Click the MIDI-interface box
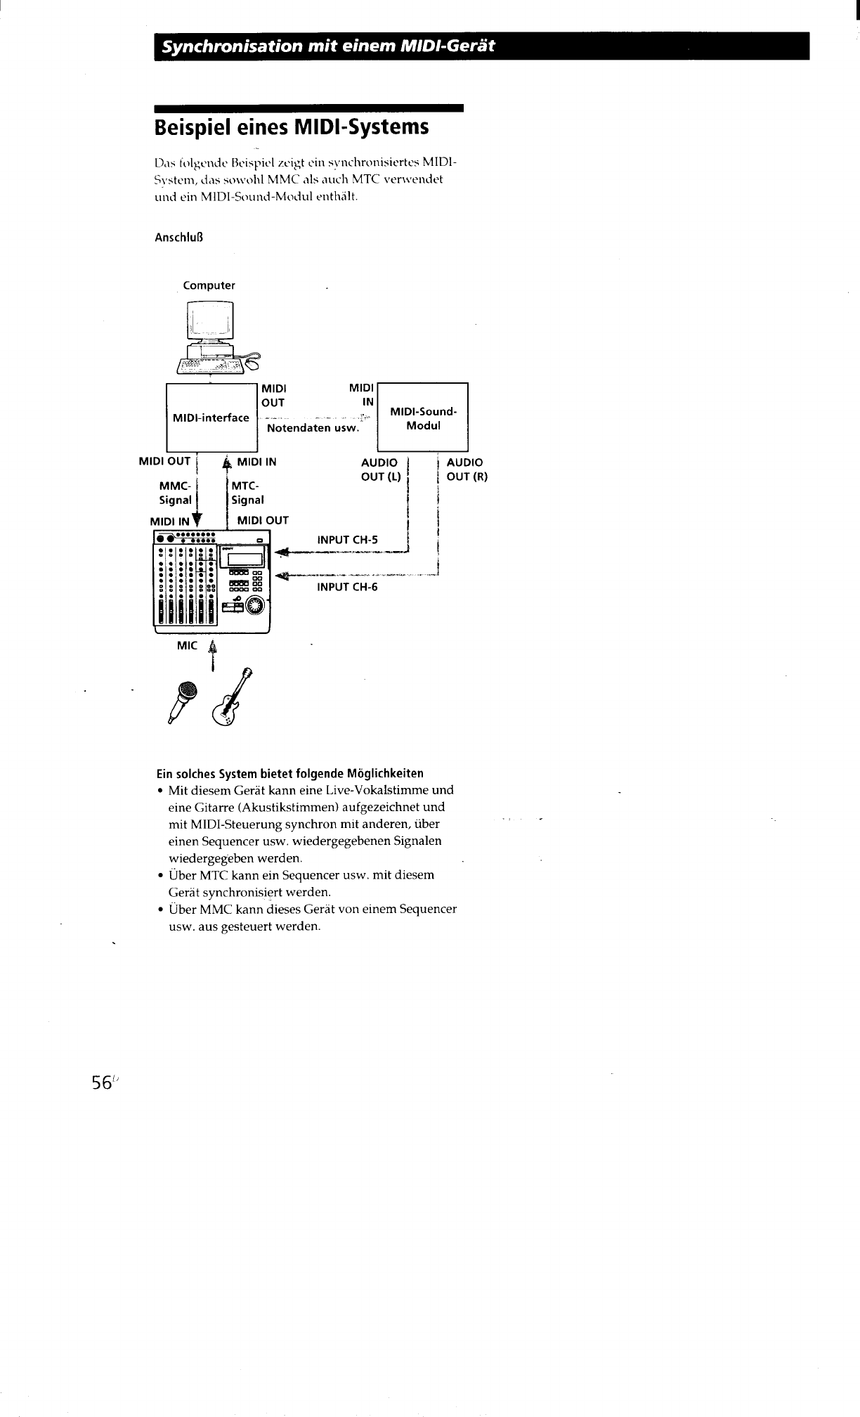click(211, 418)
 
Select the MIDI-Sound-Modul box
click(423, 418)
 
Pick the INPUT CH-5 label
click(347, 540)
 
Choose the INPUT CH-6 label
click(347, 587)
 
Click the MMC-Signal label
click(175, 493)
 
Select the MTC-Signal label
click(247, 493)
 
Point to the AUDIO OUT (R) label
click(467, 470)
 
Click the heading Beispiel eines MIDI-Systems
click(291, 128)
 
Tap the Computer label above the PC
click(209, 285)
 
